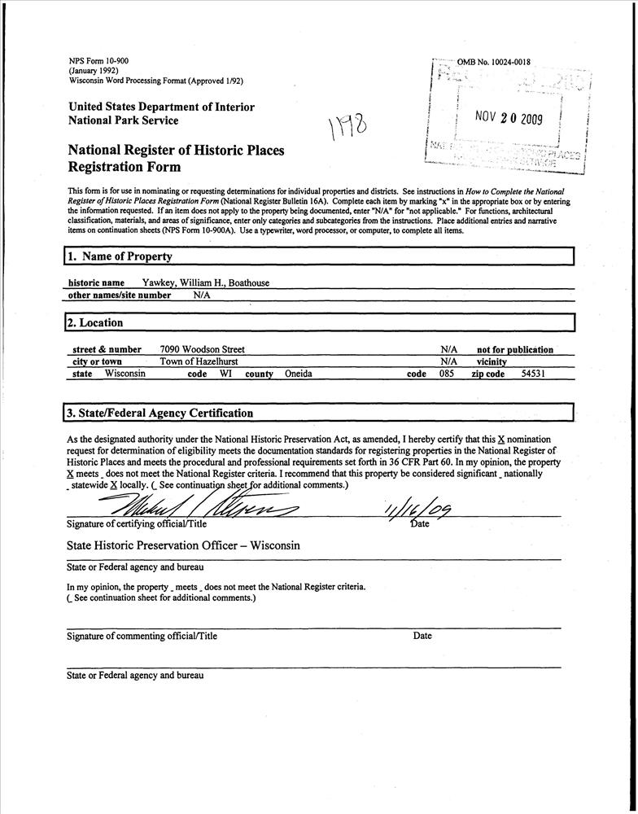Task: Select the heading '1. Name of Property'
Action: [x=120, y=256]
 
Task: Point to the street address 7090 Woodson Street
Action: [x=202, y=349]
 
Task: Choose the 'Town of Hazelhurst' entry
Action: [x=199, y=361]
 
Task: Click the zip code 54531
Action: [x=533, y=374]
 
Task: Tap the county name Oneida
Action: [x=299, y=374]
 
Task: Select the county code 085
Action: [x=447, y=374]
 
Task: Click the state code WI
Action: [x=225, y=374]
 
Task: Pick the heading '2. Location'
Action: [x=94, y=323]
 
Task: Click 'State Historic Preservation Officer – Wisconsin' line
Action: [x=184, y=545]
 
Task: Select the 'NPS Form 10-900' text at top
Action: [x=98, y=61]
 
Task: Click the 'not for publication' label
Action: [x=514, y=350]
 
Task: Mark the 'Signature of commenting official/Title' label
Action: [x=142, y=637]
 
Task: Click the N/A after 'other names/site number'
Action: [x=202, y=295]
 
